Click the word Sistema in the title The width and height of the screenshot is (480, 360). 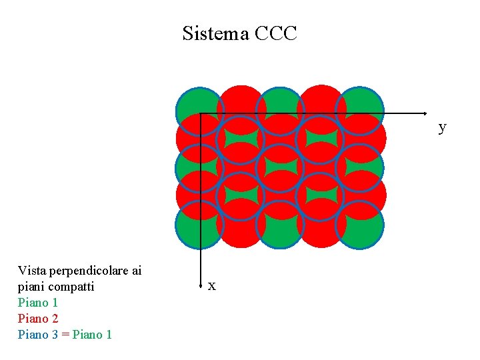coord(215,33)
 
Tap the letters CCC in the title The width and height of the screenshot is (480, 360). coord(276,33)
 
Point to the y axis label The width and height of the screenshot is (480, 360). coord(442,127)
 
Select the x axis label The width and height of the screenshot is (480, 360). coord(211,286)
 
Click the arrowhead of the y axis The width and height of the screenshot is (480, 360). coord(424,113)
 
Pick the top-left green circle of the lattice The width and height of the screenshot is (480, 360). coord(199,111)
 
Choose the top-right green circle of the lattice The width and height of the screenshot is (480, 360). coord(360,111)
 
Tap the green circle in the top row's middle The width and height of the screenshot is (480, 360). coord(280,111)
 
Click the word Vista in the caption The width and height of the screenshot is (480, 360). coord(31,271)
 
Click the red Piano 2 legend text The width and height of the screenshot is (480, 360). coord(38,318)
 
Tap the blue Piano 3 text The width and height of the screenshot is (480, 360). coord(38,334)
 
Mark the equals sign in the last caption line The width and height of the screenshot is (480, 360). coord(65,334)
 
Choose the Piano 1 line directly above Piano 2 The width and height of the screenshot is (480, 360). coord(38,303)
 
